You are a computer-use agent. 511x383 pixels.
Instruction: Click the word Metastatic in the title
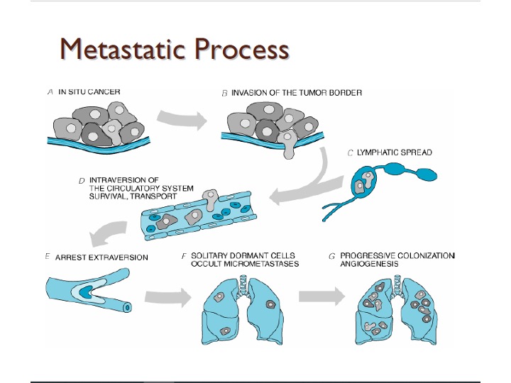tap(123, 48)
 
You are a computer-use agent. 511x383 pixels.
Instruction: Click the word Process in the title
tap(242, 48)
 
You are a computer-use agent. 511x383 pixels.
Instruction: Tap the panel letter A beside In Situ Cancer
tap(50, 92)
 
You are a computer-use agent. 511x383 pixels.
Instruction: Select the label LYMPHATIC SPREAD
tap(395, 152)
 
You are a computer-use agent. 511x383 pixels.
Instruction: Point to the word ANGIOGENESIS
tap(369, 264)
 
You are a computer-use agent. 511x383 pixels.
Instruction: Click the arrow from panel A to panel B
tap(182, 120)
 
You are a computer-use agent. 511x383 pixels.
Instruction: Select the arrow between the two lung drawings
tap(322, 296)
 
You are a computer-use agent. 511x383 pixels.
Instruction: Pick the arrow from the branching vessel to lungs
tap(167, 297)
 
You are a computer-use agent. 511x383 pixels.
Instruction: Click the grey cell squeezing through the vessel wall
tap(210, 199)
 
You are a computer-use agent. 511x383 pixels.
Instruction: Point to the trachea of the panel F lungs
tap(243, 285)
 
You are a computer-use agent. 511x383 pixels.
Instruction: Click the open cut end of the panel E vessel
tap(128, 307)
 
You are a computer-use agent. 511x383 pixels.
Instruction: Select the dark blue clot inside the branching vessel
tap(87, 292)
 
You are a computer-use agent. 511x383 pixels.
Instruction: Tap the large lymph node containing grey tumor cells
tap(364, 182)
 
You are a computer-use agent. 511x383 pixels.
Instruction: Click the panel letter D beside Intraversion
tap(82, 181)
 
